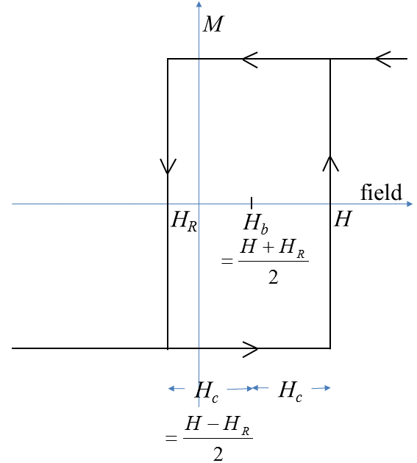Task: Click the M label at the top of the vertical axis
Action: [x=213, y=24]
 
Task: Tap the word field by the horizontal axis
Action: [x=381, y=193]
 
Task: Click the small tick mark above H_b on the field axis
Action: [x=252, y=202]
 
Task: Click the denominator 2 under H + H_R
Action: [x=273, y=279]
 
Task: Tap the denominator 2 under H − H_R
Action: [x=218, y=453]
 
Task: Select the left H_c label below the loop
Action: [x=206, y=390]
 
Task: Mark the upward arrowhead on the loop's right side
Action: [x=329, y=163]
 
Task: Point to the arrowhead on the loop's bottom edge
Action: [x=250, y=348]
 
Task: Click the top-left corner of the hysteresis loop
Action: [x=168, y=59]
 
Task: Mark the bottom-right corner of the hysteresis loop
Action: [x=329, y=348]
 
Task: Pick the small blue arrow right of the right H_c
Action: [x=322, y=388]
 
